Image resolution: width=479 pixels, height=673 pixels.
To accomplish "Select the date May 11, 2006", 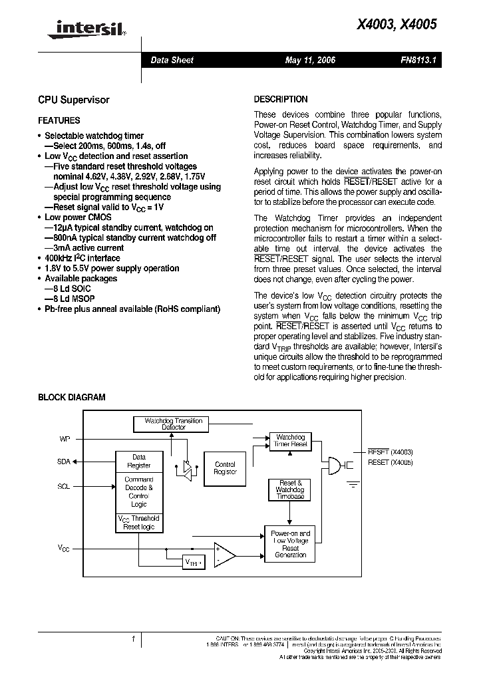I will (310, 61).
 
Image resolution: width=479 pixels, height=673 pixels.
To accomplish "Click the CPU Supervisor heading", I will (73, 100).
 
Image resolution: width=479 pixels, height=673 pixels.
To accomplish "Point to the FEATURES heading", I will (59, 121).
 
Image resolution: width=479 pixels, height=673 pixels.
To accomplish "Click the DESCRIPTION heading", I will (281, 99).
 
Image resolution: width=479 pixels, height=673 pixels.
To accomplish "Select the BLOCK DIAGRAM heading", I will (71, 397).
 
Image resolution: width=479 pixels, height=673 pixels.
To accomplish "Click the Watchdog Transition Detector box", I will (168, 424).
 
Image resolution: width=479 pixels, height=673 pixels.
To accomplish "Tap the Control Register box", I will (225, 468).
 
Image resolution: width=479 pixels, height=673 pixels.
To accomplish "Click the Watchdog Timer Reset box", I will (291, 440).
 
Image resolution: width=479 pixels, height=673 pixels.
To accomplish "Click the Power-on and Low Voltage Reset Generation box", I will (290, 543).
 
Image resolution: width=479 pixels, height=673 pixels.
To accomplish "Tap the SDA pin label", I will (63, 460).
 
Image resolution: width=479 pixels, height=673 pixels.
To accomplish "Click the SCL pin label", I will (63, 486).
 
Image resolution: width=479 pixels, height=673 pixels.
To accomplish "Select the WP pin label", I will (64, 440).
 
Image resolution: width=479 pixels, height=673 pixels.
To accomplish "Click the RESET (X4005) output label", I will (390, 462).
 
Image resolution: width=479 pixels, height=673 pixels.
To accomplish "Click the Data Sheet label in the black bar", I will (172, 61).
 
